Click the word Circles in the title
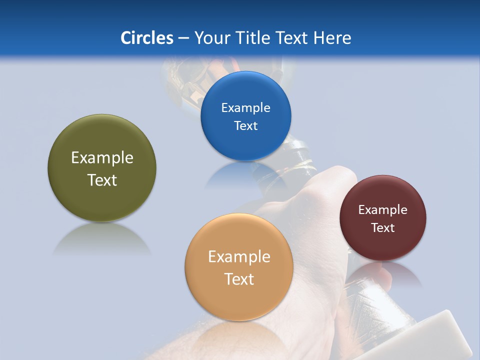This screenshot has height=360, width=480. [146, 38]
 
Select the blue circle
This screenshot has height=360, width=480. [245, 145]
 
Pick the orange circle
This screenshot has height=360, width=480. [238, 300]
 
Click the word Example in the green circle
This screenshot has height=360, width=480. [102, 158]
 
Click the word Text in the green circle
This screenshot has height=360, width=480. [102, 180]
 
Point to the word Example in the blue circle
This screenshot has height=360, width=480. [245, 107]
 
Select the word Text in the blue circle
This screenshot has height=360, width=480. [245, 125]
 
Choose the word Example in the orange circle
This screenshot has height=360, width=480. [239, 257]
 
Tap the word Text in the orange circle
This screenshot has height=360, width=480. [239, 279]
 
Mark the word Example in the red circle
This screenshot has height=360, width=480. [382, 209]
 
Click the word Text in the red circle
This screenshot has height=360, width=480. [382, 227]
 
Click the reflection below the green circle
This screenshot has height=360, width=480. [102, 237]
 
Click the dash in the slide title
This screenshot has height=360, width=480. [183, 38]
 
